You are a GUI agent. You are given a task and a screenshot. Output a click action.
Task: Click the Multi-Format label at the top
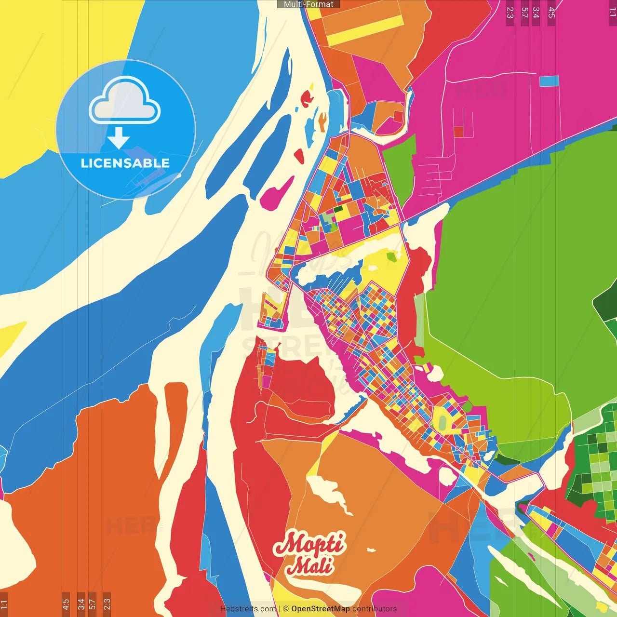coord(308,4)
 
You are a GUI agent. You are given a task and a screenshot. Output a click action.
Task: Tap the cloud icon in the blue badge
coord(125,101)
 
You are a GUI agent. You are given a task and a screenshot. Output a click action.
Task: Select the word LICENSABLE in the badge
coord(125,163)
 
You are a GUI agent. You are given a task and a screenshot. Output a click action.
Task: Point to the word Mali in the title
coord(309,565)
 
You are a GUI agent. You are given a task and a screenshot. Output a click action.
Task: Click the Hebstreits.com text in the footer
coord(248,609)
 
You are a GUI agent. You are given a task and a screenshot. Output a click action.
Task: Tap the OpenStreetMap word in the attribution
coord(321,609)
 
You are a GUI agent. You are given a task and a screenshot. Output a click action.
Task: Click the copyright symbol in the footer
coord(285,609)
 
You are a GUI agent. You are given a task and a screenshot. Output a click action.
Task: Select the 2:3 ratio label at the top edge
coord(510,12)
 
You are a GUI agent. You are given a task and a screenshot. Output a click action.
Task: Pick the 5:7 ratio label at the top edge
coord(524,12)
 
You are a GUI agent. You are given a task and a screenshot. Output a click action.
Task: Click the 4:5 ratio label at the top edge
coord(551,12)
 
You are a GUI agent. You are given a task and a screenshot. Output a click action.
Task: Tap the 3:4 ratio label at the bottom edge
coord(81,604)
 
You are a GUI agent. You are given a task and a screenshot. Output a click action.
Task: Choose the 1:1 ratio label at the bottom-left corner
coord(4,604)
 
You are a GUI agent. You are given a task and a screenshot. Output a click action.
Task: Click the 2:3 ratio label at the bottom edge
coord(107,604)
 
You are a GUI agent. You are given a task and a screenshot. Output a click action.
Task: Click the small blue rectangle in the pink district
coord(549,81)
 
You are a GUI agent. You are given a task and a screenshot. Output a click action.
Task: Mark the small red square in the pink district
coord(458,132)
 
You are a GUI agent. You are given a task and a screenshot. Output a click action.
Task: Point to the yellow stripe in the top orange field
coord(362,30)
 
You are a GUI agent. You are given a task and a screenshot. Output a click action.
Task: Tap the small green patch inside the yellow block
coord(391,256)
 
